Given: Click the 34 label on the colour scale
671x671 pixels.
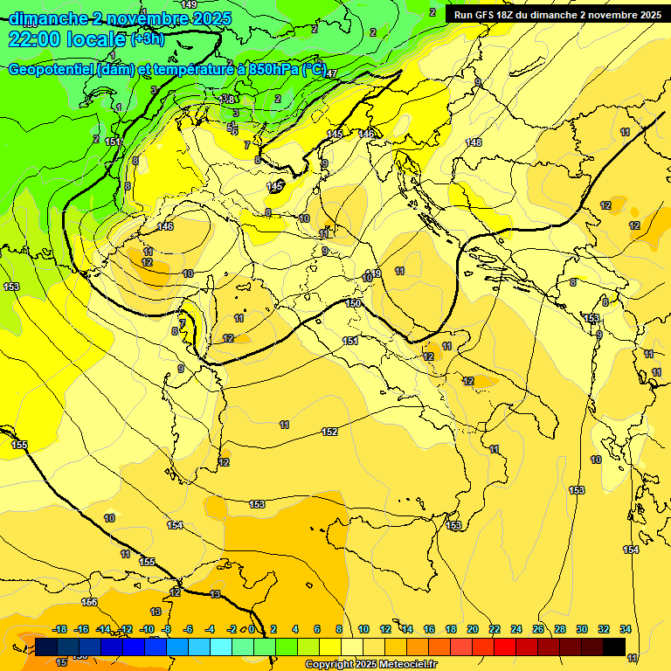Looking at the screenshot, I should pyautogui.click(x=626, y=629).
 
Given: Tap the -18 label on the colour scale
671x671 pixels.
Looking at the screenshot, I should pyautogui.click(x=60, y=629).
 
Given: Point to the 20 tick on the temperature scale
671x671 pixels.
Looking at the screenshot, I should pyautogui.click(x=473, y=629).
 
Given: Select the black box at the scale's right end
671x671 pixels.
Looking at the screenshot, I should pyautogui.click(x=614, y=647).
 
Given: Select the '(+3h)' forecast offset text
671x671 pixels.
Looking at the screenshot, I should pyautogui.click(x=147, y=39).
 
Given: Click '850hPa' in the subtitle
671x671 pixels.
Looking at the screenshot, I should pyautogui.click(x=270, y=70).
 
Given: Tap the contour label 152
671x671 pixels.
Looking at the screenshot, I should pyautogui.click(x=329, y=432).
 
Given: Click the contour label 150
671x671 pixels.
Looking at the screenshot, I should pyautogui.click(x=353, y=303).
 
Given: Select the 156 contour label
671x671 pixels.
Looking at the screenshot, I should pyautogui.click(x=89, y=602).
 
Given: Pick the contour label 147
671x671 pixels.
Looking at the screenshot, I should pyautogui.click(x=331, y=74).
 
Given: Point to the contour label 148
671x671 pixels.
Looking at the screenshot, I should pyautogui.click(x=474, y=142).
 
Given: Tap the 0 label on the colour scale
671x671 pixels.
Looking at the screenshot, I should pyautogui.click(x=252, y=629).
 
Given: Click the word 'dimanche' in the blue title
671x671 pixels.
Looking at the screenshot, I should pyautogui.click(x=49, y=18).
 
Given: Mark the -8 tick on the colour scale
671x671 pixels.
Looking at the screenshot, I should pyautogui.click(x=167, y=629).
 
